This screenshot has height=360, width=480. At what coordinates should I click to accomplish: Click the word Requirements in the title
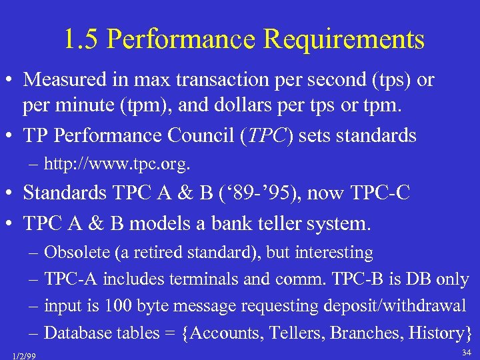click(x=343, y=39)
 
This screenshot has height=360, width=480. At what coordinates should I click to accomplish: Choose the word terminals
click(x=206, y=279)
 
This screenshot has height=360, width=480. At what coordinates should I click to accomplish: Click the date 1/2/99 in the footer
click(x=24, y=356)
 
